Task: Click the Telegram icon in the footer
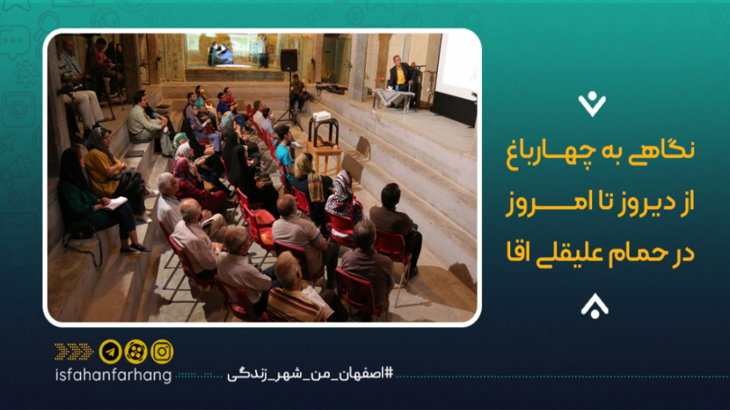tap(110, 352)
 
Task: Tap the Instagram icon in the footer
tap(162, 352)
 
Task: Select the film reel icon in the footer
tap(136, 352)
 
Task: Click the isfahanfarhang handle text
tap(113, 376)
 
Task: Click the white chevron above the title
tap(592, 104)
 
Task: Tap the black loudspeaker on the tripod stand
tap(289, 61)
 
